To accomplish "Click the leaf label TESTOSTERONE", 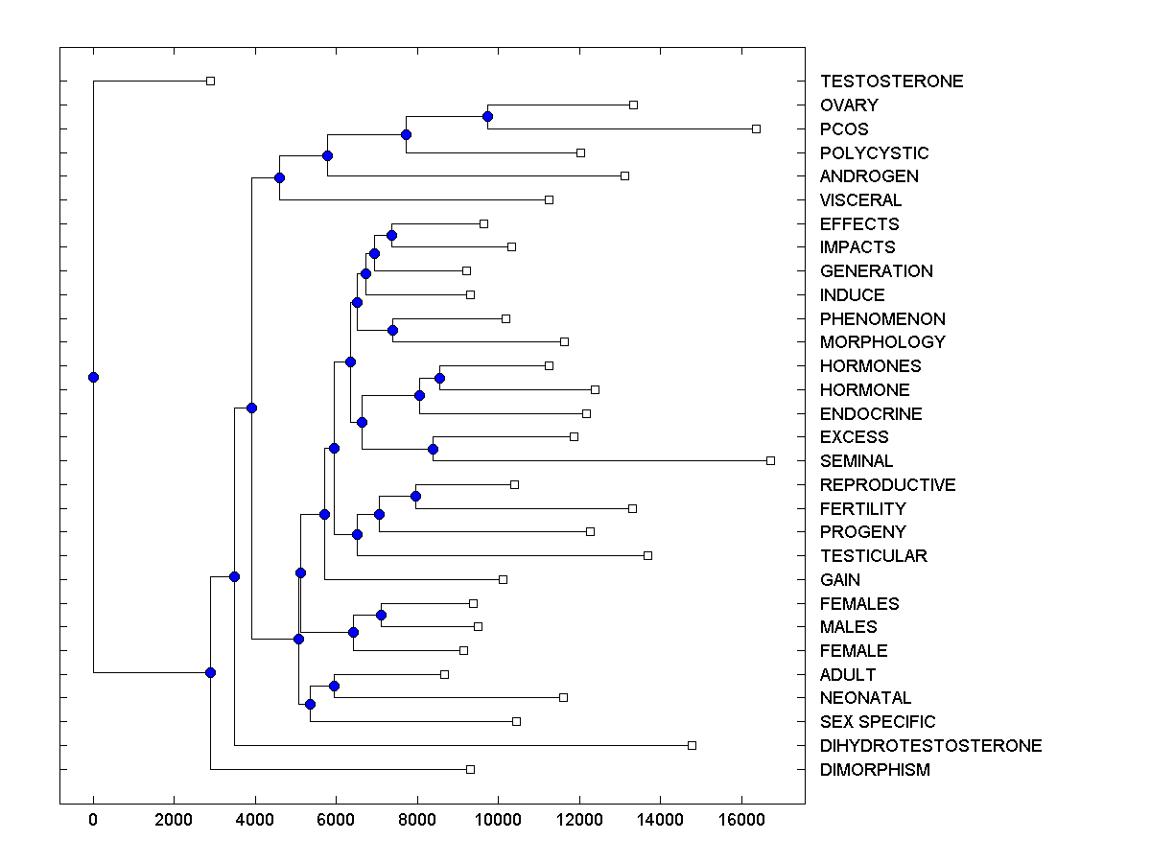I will tap(891, 82).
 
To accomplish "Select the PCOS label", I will tap(844, 129).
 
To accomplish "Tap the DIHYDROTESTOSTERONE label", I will tap(930, 746).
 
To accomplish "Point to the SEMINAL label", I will tap(857, 461).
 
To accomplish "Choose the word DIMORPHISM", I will tap(875, 770).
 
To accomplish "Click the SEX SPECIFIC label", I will tap(878, 722).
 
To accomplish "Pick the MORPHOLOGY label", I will tap(882, 342).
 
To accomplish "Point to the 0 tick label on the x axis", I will tap(93, 820).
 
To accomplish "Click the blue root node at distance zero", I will tap(93, 377).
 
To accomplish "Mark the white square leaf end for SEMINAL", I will tap(770, 460).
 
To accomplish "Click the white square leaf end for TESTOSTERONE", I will tap(211, 81).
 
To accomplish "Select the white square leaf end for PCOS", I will tap(756, 128).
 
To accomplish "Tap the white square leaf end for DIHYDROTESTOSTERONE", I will tap(692, 745).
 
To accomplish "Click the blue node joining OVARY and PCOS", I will tap(487, 116).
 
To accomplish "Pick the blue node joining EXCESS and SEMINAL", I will tap(433, 449).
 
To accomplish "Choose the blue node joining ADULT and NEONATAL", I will tap(334, 686).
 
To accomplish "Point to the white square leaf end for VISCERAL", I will tap(549, 199).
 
